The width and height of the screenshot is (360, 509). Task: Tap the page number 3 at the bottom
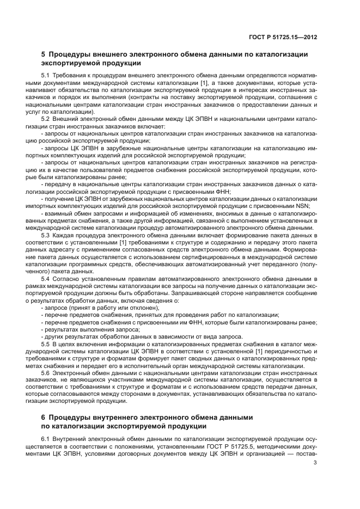[x=316, y=463]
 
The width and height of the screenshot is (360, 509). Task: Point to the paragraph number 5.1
[x=46, y=75]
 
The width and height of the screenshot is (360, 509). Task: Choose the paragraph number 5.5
[x=46, y=344]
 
